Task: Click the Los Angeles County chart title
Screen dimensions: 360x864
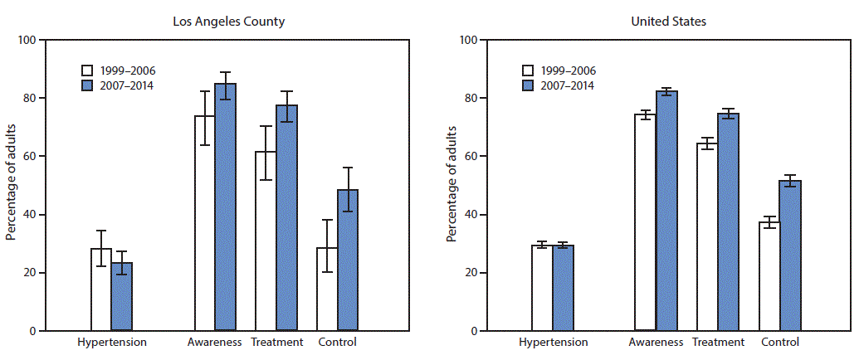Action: (228, 22)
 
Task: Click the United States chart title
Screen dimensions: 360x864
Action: (669, 22)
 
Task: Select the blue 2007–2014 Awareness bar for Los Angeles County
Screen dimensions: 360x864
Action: (225, 207)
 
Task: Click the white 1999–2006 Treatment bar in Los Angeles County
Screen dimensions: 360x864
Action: (266, 241)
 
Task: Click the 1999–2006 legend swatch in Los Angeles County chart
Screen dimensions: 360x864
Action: (87, 70)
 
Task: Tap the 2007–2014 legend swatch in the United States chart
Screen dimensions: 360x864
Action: (529, 85)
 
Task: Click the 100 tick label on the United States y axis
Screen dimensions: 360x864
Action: (466, 40)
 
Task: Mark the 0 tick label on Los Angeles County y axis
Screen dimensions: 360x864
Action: (32, 331)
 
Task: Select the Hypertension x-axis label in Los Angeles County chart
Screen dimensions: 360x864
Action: (112, 342)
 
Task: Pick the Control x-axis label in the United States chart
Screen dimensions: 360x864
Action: (779, 342)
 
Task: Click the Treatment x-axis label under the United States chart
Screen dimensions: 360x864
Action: (717, 342)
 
